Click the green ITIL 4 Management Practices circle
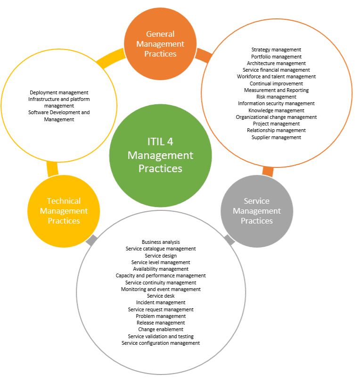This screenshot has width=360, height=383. (x=160, y=155)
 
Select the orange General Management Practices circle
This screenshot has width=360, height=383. (x=160, y=44)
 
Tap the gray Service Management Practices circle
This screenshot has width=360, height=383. (x=257, y=211)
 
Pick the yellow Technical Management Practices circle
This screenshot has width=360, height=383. (x=64, y=211)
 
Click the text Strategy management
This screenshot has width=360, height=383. (x=276, y=50)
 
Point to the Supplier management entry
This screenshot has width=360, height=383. (x=276, y=137)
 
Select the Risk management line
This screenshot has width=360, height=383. (x=276, y=97)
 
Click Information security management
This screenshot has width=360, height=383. (x=276, y=103)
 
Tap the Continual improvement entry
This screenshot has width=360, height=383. (x=276, y=83)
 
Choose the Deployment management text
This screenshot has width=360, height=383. (x=59, y=92)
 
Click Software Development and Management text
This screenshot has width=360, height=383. (x=59, y=116)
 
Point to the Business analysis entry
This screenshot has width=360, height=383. (x=161, y=242)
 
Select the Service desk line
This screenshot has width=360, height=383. (x=161, y=296)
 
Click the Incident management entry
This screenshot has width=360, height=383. (x=161, y=302)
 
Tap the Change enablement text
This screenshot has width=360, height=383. (x=161, y=329)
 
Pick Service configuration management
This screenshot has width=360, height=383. (x=161, y=343)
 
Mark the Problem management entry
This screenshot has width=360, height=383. (x=161, y=316)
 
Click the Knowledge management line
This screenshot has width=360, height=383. (x=276, y=110)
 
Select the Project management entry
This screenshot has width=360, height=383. (x=276, y=124)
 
